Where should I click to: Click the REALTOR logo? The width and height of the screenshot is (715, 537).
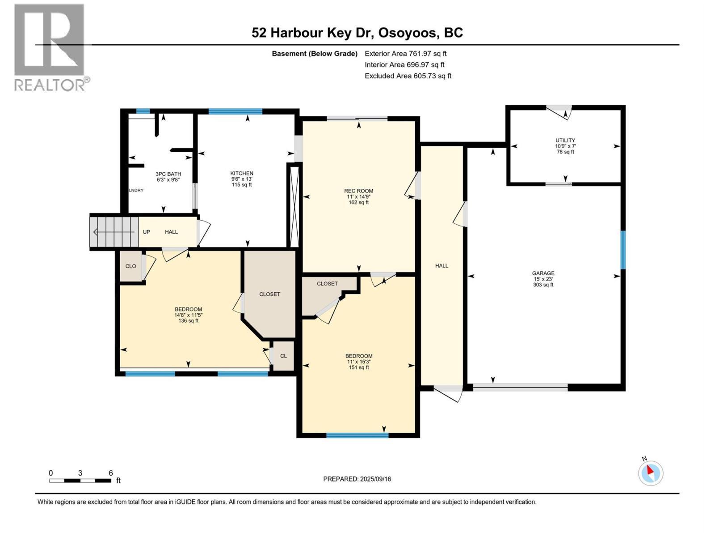click(52, 47)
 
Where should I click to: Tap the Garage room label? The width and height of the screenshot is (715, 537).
click(543, 279)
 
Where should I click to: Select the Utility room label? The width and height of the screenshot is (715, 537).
click(565, 146)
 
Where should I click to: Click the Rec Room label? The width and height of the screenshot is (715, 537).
click(359, 196)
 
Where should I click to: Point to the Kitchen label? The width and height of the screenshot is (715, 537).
click(242, 179)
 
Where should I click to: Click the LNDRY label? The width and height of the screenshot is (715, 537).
click(136, 190)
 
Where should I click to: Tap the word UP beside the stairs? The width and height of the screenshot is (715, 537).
click(147, 232)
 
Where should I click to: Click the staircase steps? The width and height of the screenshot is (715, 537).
click(114, 232)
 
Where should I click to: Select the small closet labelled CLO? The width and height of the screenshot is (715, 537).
click(130, 266)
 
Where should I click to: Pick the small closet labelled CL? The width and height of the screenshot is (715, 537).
click(283, 356)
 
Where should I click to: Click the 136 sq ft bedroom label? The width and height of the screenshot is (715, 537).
click(188, 315)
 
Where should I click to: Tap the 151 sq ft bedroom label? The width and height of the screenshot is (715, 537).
click(359, 362)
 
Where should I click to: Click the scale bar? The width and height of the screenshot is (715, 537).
click(80, 480)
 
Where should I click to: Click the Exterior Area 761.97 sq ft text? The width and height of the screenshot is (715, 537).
click(406, 53)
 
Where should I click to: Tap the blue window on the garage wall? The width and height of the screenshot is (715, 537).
click(622, 250)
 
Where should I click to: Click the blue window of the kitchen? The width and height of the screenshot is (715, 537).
click(235, 111)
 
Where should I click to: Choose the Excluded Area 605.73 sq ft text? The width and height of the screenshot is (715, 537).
click(408, 76)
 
